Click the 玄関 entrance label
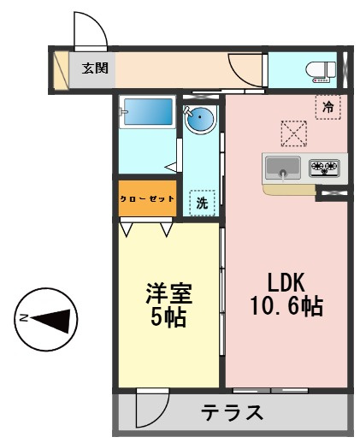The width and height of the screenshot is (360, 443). (94, 68)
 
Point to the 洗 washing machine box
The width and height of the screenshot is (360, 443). (202, 203)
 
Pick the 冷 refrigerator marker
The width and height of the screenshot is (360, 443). (327, 107)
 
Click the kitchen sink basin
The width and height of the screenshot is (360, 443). (281, 167)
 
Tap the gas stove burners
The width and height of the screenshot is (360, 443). (324, 167)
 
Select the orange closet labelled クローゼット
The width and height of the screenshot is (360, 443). (147, 198)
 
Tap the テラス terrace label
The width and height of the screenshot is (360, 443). (233, 413)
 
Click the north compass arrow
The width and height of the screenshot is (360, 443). (54, 319)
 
